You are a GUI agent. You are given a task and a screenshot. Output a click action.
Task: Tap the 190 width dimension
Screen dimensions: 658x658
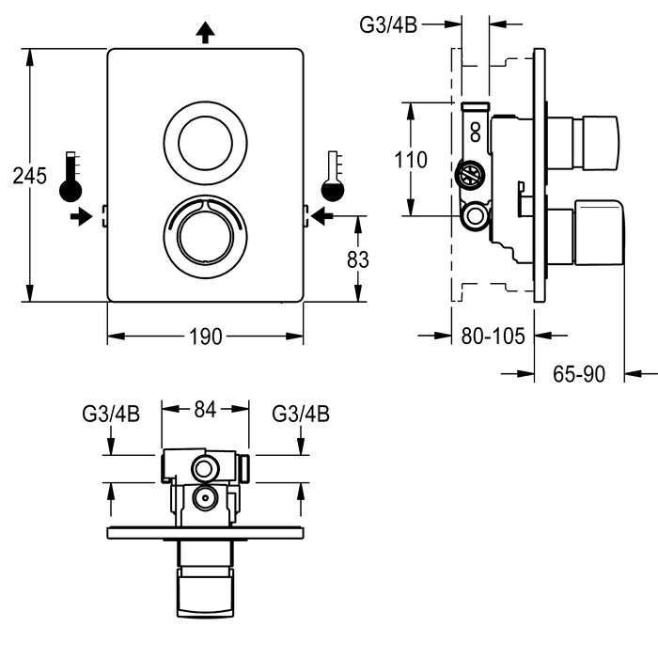(205, 336)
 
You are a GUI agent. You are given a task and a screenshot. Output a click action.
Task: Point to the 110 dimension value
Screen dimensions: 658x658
(410, 160)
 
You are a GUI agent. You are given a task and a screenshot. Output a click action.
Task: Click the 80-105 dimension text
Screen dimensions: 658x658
(491, 336)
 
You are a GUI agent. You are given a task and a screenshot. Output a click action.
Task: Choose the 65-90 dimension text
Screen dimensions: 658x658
(578, 374)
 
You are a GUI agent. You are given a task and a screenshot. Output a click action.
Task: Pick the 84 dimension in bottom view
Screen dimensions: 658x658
(205, 409)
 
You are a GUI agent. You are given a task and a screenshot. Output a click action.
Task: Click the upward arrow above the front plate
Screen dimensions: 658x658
(205, 34)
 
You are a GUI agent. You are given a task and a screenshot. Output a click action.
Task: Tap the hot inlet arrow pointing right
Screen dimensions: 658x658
(82, 217)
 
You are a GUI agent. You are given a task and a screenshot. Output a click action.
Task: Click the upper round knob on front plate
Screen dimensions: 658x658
(205, 143)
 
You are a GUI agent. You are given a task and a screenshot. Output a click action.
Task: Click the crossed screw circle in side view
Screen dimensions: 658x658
(468, 174)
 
